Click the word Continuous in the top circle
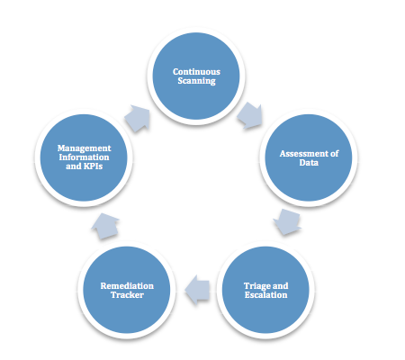pyautogui.click(x=196, y=72)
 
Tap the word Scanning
pyautogui.click(x=196, y=81)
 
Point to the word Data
pyautogui.click(x=309, y=163)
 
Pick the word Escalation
pyautogui.click(x=265, y=295)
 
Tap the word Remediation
pyautogui.click(x=127, y=286)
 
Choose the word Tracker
pyautogui.click(x=127, y=295)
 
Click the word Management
pyautogui.click(x=84, y=148)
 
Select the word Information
pyautogui.click(x=84, y=157)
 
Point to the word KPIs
pyautogui.click(x=93, y=166)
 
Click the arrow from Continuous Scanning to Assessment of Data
pyautogui.click(x=249, y=116)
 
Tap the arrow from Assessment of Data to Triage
pyautogui.click(x=287, y=222)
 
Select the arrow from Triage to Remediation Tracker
pyautogui.click(x=197, y=290)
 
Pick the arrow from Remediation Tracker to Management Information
pyautogui.click(x=105, y=226)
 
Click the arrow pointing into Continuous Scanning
pyautogui.click(x=137, y=119)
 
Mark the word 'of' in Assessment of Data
pyautogui.click(x=334, y=154)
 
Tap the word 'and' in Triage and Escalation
pyautogui.click(x=280, y=286)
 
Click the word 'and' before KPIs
pyautogui.click(x=74, y=166)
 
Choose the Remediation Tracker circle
pyautogui.click(x=127, y=290)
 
